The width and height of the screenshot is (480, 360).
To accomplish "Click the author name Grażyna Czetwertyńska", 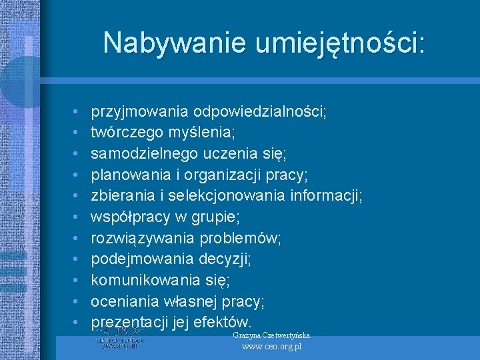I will (x=271, y=335).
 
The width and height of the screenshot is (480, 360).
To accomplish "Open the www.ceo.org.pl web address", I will (x=271, y=347).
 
